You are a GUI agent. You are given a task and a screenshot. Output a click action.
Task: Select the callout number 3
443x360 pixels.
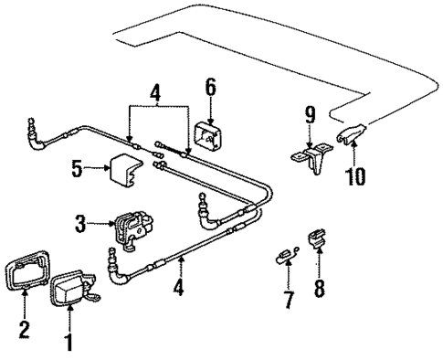pos(81,221)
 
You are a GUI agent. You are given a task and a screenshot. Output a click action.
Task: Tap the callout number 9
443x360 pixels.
pos(310,114)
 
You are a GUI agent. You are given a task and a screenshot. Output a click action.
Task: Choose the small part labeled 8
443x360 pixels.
pos(317,240)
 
